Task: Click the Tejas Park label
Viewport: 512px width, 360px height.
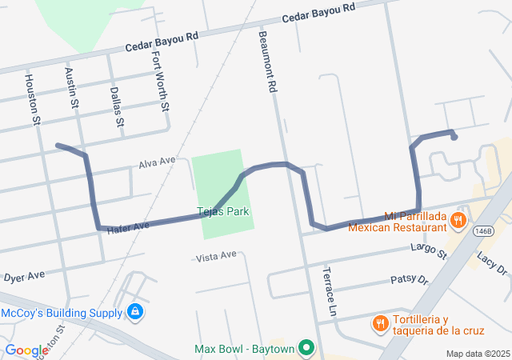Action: (223, 212)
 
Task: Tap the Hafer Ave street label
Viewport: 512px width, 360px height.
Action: (128, 227)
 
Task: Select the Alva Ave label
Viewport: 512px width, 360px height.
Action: (156, 162)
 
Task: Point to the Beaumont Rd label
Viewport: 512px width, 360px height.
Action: (267, 61)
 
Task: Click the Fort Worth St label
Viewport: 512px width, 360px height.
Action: (161, 81)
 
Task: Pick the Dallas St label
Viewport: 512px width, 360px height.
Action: (118, 107)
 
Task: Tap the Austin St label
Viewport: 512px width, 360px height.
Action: (72, 88)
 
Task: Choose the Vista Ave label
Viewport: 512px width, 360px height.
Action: (217, 255)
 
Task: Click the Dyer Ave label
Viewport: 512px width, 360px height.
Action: (23, 278)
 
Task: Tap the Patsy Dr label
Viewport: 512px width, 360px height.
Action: (410, 280)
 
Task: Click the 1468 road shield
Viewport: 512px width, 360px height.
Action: (484, 230)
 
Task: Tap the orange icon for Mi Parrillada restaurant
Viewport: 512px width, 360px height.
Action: (458, 219)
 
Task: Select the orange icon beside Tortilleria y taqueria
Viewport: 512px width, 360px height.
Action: (381, 323)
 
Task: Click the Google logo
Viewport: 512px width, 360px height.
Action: (26, 350)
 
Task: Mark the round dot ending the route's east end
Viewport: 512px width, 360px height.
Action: (454, 137)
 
